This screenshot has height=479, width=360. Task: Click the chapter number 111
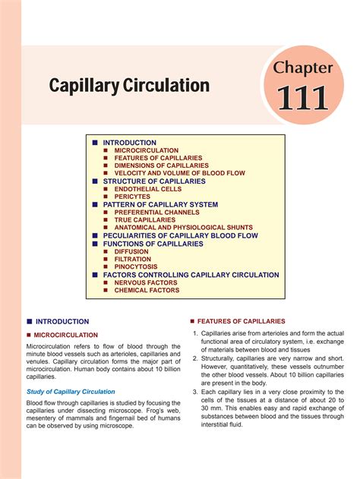302,98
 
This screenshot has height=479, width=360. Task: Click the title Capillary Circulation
129,85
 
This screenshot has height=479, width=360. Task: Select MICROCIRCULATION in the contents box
147,150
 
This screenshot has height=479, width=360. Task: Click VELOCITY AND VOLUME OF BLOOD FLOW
178,174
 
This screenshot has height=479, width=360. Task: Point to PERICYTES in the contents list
133,197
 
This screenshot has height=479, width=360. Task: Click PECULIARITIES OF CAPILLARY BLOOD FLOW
181,236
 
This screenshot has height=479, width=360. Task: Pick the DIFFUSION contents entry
131,251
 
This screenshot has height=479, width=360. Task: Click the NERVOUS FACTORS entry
146,282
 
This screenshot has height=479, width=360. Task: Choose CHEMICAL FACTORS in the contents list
147,290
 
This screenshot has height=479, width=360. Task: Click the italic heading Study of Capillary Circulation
71,392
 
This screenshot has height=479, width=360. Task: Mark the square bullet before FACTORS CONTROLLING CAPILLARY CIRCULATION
96,275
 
